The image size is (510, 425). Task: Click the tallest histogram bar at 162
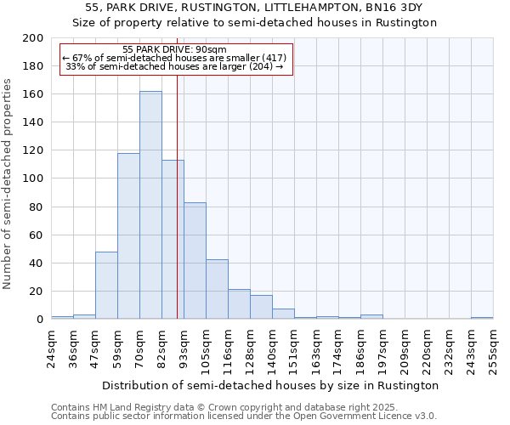click(150, 205)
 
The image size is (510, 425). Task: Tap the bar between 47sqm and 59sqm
click(106, 286)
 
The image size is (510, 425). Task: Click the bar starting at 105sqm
click(217, 289)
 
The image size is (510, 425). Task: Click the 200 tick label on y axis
click(33, 38)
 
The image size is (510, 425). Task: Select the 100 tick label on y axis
click(33, 178)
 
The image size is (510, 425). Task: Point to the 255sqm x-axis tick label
click(493, 348)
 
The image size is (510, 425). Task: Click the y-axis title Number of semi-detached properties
click(8, 184)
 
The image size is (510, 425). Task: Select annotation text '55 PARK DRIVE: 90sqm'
click(174, 50)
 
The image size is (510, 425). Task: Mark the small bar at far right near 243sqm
click(482, 318)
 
